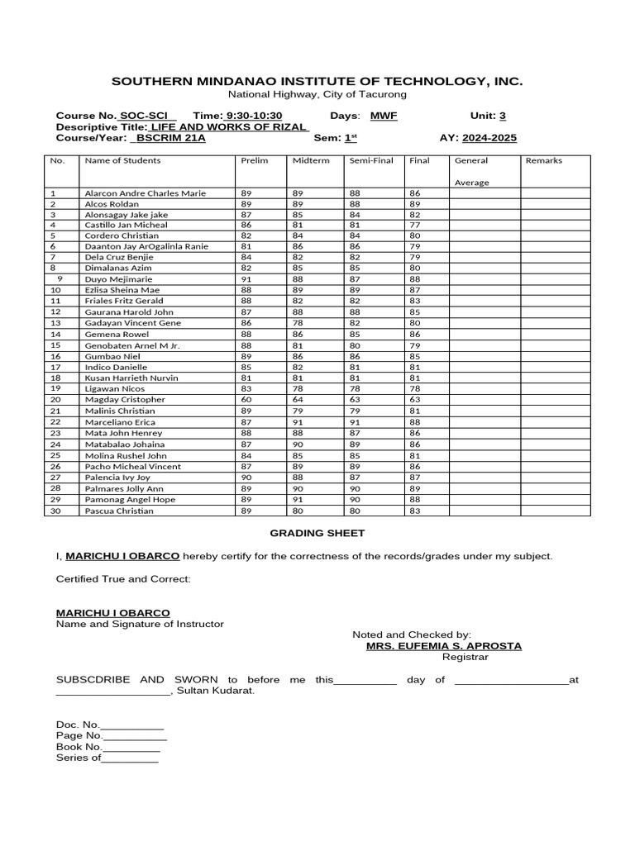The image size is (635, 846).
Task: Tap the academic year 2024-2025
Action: coord(489,138)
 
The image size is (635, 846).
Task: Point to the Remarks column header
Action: coord(543,160)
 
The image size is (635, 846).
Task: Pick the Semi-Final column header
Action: coord(371,160)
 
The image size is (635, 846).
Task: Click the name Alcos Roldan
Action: coord(112,203)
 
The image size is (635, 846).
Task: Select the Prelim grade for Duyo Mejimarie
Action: coord(246,279)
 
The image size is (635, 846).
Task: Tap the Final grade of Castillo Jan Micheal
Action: coord(414,225)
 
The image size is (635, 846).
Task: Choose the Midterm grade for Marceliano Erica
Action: coord(298,422)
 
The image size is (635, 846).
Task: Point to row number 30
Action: coord(55,511)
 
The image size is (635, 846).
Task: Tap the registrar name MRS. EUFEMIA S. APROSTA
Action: coord(444,646)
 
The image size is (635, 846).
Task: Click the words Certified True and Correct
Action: coord(123,579)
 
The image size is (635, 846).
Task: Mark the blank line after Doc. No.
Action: coord(132,725)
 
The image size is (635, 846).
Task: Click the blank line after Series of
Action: coord(130,758)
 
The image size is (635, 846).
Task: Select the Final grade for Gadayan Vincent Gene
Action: coord(414,323)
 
